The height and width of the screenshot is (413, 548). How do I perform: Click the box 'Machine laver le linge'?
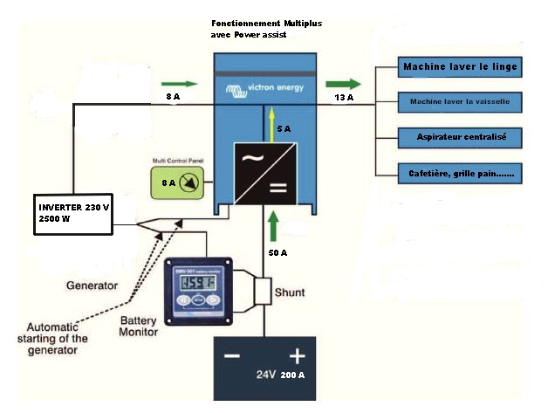pyautogui.click(x=460, y=66)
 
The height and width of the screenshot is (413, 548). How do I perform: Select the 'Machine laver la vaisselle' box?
pyautogui.click(x=460, y=102)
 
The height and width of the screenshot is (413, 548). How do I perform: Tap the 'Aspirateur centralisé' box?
pyautogui.click(x=461, y=137)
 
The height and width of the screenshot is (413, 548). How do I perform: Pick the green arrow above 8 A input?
pyautogui.click(x=185, y=84)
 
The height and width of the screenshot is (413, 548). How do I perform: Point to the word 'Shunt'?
pyautogui.click(x=290, y=293)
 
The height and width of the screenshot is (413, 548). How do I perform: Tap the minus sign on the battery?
pyautogui.click(x=231, y=357)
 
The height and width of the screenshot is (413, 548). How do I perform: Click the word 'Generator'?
pyautogui.click(x=92, y=286)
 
